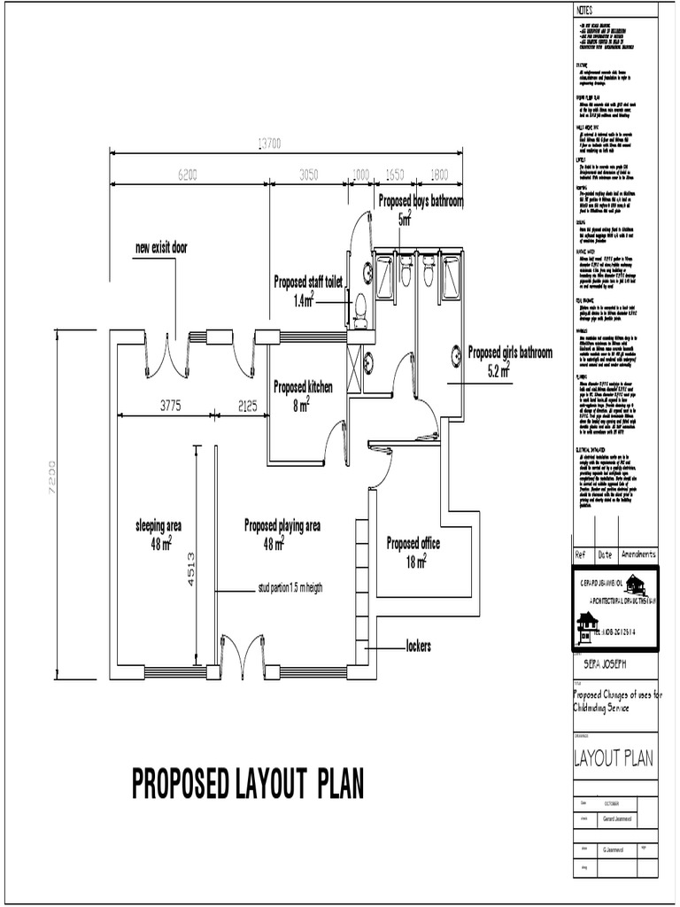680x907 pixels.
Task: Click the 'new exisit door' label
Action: [161, 247]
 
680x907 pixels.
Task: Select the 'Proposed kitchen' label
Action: [303, 387]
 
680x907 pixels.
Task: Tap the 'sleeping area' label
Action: [158, 525]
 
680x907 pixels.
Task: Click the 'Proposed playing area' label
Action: [282, 525]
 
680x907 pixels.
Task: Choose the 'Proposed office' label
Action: [413, 543]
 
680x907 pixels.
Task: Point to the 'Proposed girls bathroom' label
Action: [509, 353]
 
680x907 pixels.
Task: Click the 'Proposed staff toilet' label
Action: [307, 282]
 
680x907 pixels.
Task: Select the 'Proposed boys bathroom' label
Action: [421, 201]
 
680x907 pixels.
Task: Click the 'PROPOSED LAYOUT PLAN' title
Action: [248, 783]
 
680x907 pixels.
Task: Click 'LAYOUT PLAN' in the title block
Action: [613, 757]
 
